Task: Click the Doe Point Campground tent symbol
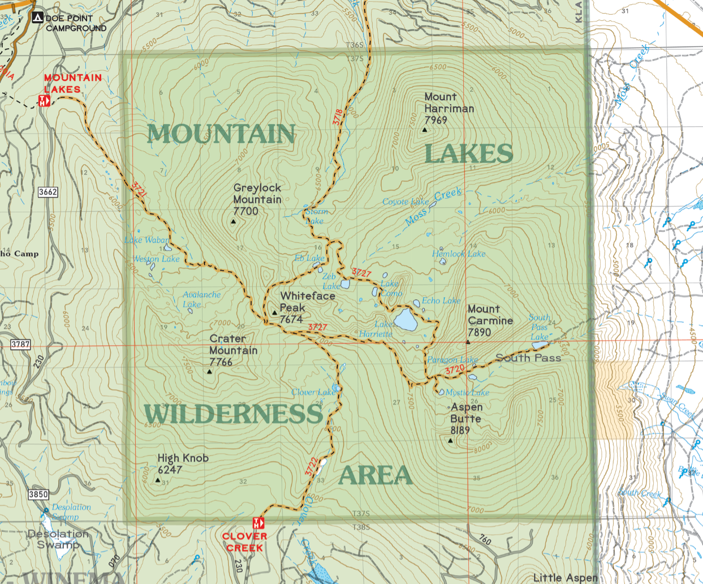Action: [x=37, y=18]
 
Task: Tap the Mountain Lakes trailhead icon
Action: [x=44, y=101]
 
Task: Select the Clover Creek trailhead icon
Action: [x=258, y=523]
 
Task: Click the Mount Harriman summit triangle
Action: [x=425, y=130]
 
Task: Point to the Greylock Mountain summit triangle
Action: [x=234, y=222]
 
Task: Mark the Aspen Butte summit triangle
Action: [x=451, y=440]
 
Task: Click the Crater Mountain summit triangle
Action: [x=210, y=372]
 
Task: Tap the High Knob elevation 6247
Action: [x=170, y=470]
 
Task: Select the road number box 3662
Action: [x=48, y=192]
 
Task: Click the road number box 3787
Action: [x=20, y=344]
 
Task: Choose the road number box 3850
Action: [x=38, y=494]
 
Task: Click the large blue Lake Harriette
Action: [x=406, y=320]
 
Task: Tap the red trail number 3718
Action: [x=338, y=117]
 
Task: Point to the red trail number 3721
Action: [x=139, y=189]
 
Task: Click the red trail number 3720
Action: [x=455, y=370]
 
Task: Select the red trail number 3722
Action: [x=310, y=466]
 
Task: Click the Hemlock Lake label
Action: [x=459, y=254]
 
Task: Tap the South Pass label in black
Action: [x=528, y=358]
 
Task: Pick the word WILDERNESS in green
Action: [x=233, y=414]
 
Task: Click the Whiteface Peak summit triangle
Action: [x=275, y=312]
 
